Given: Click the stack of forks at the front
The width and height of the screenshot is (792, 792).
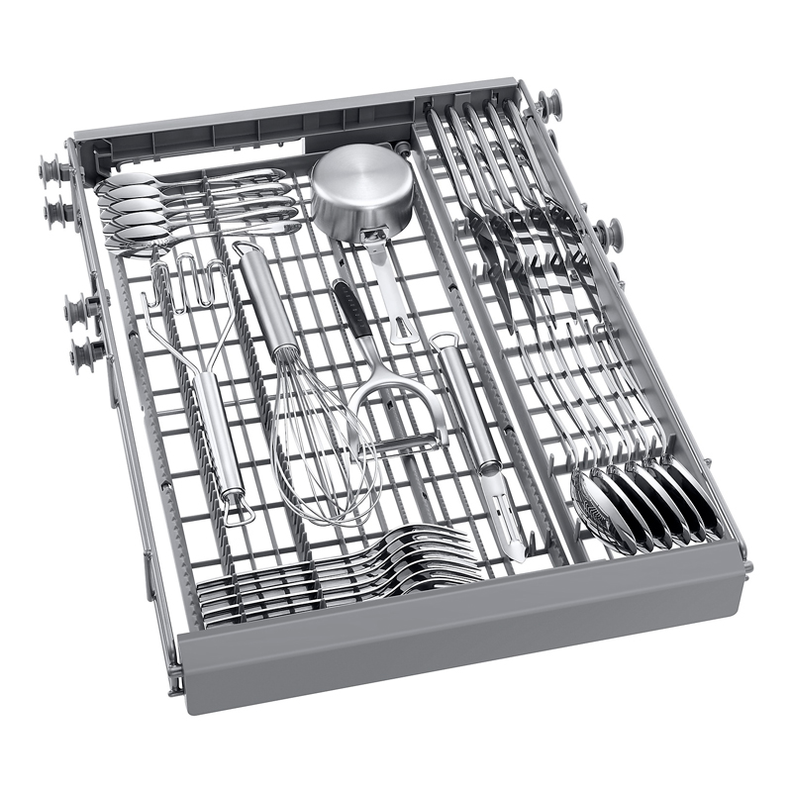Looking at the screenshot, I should (337, 574).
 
